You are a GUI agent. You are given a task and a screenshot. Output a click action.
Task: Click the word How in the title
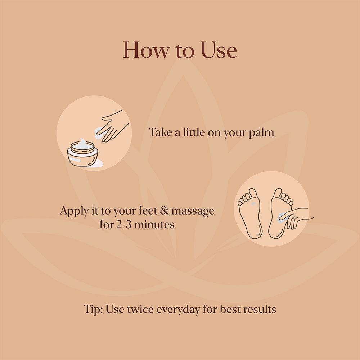click(146, 50)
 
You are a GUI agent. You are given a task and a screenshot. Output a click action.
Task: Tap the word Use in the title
click(219, 50)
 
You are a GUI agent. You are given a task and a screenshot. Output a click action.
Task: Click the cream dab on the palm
click(99, 133)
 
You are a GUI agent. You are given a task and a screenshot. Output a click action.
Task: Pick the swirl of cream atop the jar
click(83, 144)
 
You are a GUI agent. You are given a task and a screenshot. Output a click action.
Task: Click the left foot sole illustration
click(250, 213)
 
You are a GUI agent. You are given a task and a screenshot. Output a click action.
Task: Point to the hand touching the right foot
click(295, 218)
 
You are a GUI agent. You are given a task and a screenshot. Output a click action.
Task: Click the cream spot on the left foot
click(253, 203)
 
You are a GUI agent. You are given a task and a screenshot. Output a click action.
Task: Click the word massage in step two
click(193, 211)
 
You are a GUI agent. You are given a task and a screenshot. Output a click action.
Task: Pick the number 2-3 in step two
click(124, 225)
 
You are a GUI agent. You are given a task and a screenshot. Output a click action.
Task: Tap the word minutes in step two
click(154, 225)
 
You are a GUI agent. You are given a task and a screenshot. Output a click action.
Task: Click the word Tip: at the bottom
click(93, 310)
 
